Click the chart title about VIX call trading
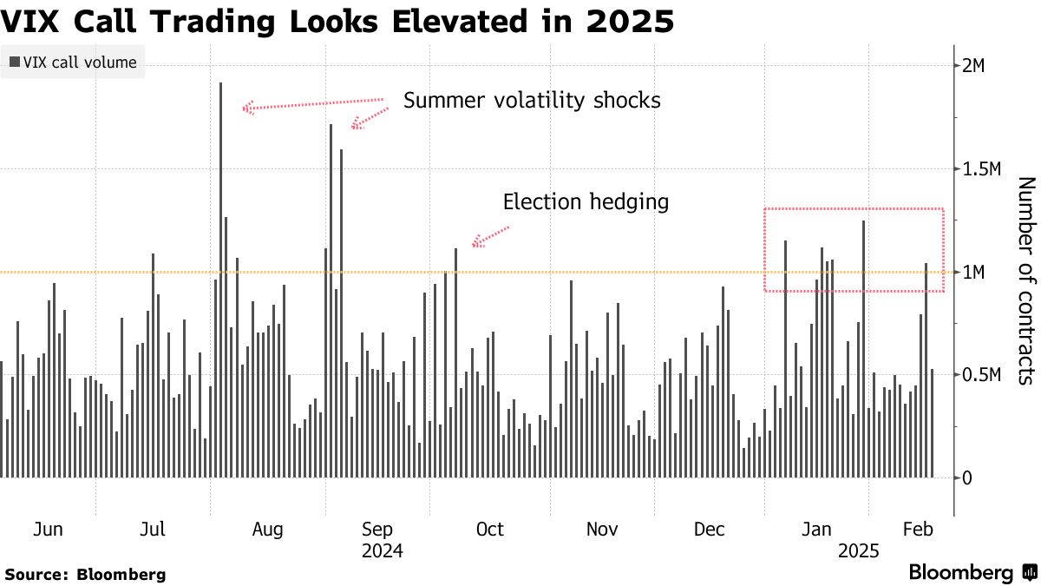click(337, 20)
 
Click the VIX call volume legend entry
click(73, 63)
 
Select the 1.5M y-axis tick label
click(985, 168)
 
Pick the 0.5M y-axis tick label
click(985, 375)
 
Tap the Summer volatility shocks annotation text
click(532, 101)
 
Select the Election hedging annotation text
click(586, 202)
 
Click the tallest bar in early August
click(220, 278)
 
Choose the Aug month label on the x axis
click(267, 530)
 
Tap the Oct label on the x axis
click(490, 530)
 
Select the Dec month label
click(710, 530)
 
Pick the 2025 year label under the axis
click(859, 550)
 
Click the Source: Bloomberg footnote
click(85, 574)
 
